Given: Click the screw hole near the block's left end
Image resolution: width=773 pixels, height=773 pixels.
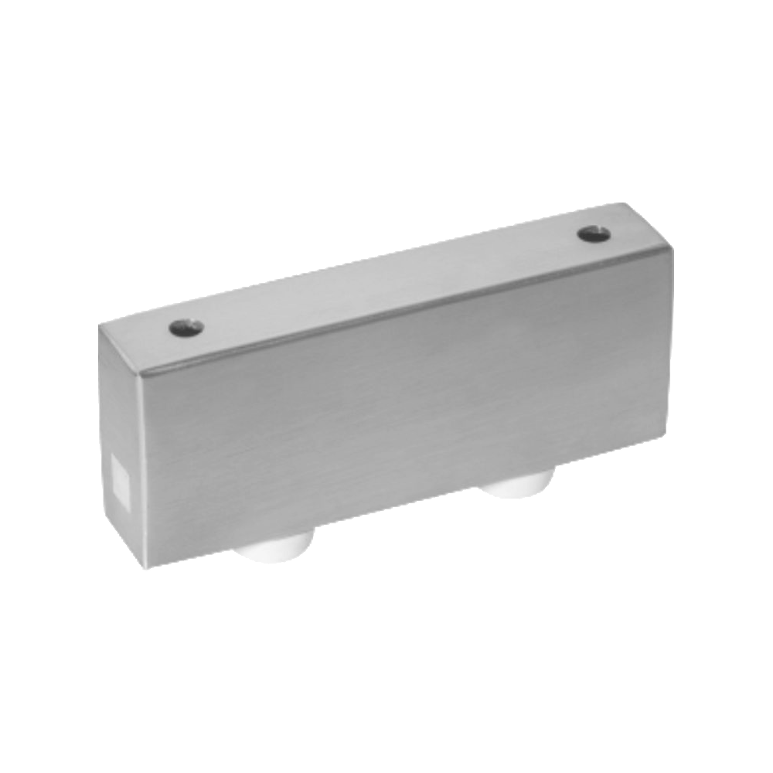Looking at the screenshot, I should tap(186, 328).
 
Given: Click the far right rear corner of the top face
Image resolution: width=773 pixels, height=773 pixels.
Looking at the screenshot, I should tap(626, 204).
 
